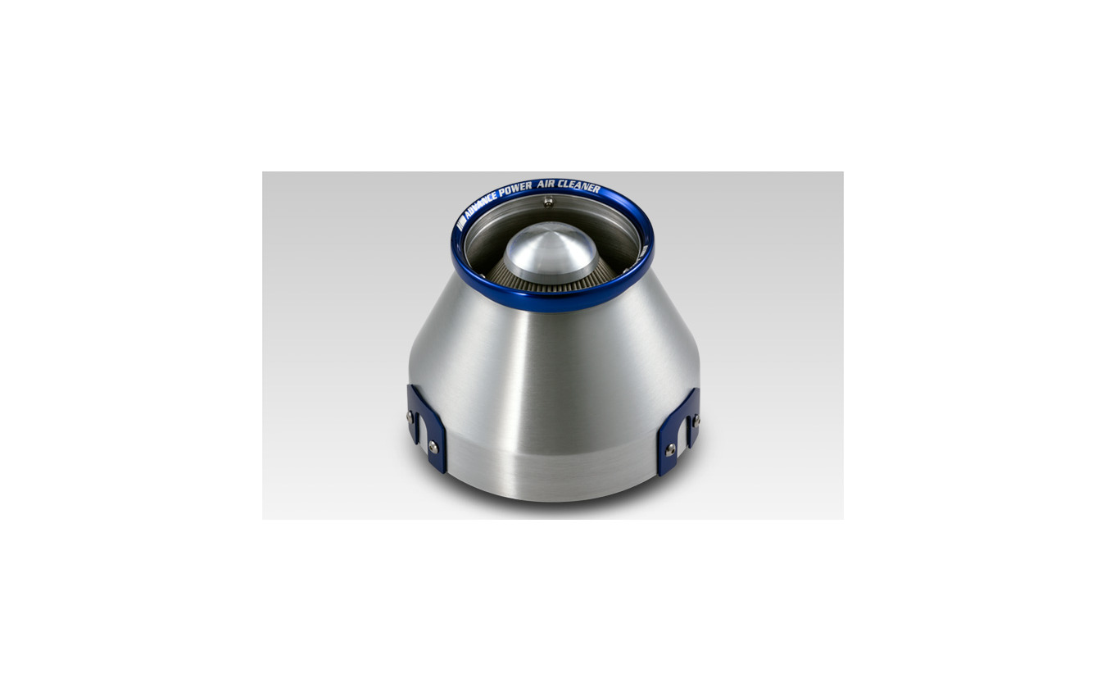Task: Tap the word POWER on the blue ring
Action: pyautogui.click(x=515, y=189)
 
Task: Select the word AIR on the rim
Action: pyautogui.click(x=548, y=184)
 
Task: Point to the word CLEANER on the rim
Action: pyautogui.click(x=581, y=186)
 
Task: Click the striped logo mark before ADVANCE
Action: pyautogui.click(x=460, y=223)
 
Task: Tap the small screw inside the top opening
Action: pyautogui.click(x=547, y=202)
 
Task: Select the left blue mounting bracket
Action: pyautogui.click(x=426, y=428)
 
